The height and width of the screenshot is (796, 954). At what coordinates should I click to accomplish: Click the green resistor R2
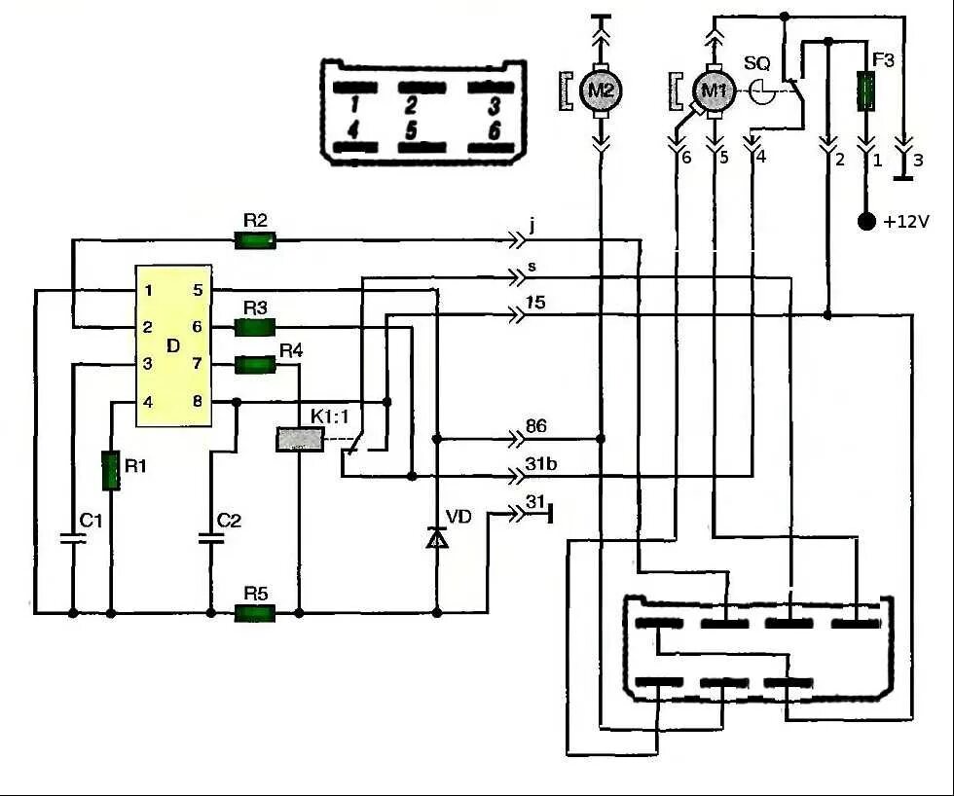coord(255,240)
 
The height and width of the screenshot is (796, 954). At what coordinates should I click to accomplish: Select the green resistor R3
coord(255,327)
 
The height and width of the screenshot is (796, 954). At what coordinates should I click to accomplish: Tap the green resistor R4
coord(255,365)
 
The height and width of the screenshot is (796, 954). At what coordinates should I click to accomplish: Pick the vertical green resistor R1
coord(111,470)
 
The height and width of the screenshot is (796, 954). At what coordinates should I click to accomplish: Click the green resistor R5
coord(255,613)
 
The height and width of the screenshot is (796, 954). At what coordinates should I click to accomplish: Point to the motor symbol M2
coord(602,91)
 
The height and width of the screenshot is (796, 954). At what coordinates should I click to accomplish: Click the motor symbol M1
coord(715,91)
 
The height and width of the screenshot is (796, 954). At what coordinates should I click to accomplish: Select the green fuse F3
coord(865,91)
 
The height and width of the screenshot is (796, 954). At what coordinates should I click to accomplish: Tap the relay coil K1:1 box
coord(300,439)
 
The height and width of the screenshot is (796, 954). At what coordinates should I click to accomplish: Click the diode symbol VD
coord(437,538)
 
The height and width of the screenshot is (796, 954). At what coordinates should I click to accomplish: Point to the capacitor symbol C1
coord(73,539)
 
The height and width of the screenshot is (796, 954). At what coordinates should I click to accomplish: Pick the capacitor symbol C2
coord(211,539)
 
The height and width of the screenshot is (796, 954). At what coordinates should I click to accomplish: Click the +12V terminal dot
coord(865,221)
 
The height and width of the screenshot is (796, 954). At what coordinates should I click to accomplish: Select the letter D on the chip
coord(173,346)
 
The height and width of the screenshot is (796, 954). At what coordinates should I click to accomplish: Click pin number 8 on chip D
coord(197,402)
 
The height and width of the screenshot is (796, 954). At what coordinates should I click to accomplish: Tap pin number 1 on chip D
coord(148,291)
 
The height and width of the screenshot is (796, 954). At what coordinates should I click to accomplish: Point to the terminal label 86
coord(535,425)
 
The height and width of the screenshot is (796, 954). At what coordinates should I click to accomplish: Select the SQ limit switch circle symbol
coord(761,91)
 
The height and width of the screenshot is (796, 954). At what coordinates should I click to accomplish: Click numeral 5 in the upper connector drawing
coord(411,130)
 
